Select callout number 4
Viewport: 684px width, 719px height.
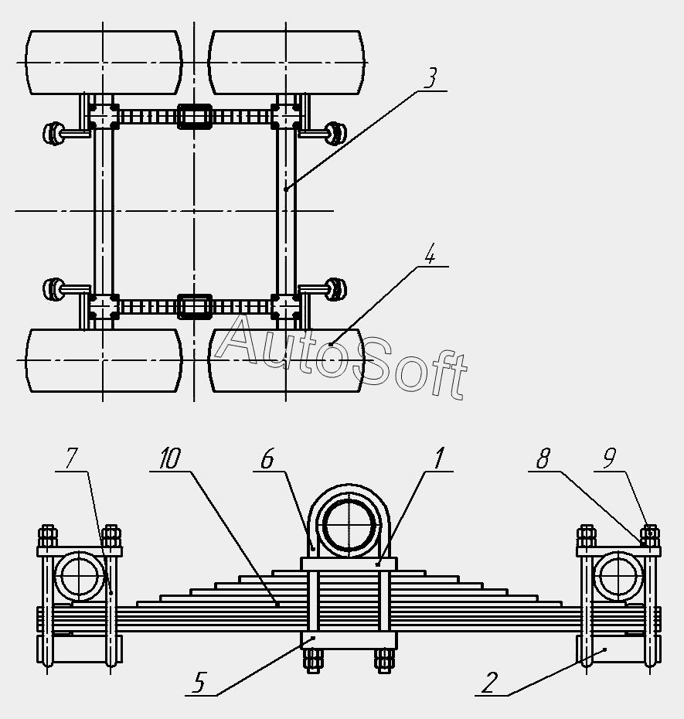[x=431, y=253]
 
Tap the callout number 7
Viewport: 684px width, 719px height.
[x=71, y=458]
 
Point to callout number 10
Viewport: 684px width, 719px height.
[x=170, y=458]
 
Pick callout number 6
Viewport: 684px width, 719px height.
[x=267, y=458]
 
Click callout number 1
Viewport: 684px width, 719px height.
[x=438, y=458]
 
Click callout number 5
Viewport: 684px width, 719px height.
[x=199, y=682]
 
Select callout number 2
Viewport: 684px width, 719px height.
[x=489, y=682]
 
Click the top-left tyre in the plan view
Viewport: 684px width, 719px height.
[x=104, y=63]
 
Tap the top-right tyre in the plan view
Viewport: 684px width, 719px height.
[x=287, y=63]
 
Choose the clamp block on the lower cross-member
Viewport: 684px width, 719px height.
[x=195, y=306]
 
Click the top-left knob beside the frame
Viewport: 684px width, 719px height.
[x=54, y=132]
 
